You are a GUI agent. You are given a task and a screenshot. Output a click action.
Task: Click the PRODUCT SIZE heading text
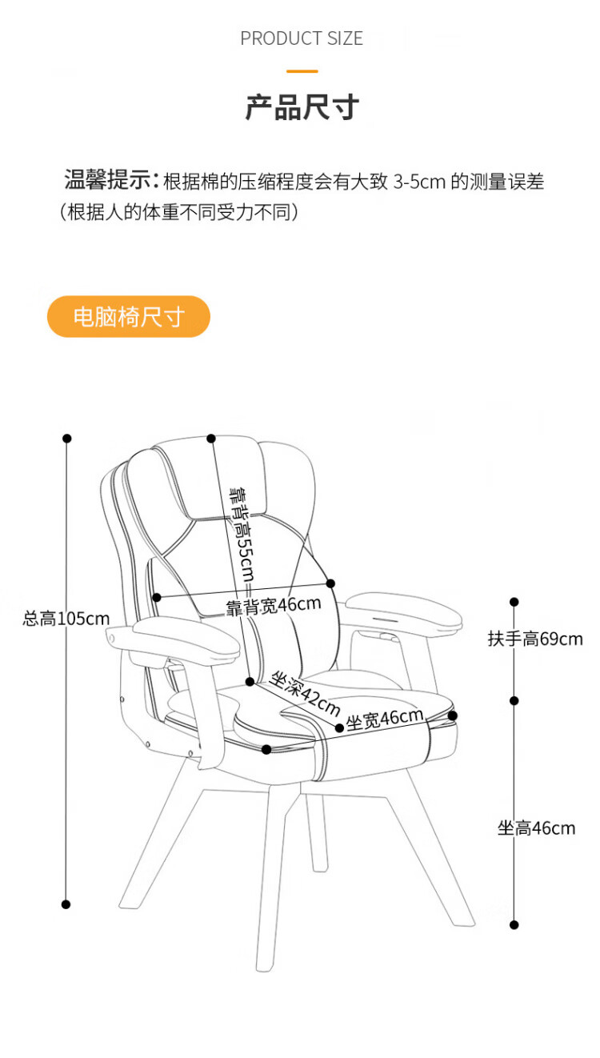pos(302,38)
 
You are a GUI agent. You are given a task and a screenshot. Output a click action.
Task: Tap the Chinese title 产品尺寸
pos(302,107)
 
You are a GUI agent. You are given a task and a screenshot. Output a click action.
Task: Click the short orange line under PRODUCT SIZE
pos(302,71)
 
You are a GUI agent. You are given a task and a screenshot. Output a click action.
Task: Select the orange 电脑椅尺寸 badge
pos(129,317)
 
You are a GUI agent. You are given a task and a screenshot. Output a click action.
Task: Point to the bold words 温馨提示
pos(110,181)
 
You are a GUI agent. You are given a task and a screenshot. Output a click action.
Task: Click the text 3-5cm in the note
pos(418,182)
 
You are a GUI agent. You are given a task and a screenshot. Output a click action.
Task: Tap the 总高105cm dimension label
pos(66,618)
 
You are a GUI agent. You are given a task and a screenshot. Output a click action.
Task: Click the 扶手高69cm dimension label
pos(535,639)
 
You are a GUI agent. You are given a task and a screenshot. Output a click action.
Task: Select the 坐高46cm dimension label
pos(536,828)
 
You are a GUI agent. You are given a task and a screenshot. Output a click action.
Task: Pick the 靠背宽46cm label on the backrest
pos(273,605)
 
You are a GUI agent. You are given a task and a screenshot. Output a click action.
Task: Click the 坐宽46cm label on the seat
pos(384,719)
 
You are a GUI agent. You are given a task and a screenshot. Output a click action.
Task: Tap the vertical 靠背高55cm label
pos(241,532)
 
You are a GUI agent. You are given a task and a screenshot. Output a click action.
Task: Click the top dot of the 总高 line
pos(67,439)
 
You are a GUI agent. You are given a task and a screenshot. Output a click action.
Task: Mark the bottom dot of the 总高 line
pos(66,904)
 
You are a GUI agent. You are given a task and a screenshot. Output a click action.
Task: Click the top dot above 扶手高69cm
pos(514,602)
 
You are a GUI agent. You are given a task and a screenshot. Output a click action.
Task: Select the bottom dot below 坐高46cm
pos(514,924)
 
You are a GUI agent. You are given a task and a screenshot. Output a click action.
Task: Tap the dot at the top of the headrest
pos(211,439)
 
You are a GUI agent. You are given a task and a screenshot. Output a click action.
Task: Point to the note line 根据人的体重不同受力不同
pos(179,213)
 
